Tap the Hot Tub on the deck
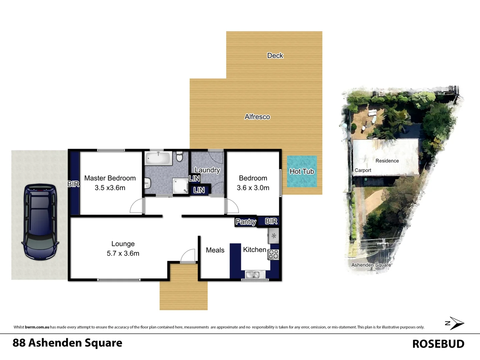coord(302,172)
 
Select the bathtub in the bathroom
coord(159,158)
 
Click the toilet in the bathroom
coord(180,156)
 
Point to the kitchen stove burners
coord(273,254)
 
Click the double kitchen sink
coord(252,275)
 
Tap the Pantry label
coord(246,222)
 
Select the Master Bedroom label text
coord(110,178)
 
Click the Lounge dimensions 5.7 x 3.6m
coord(123,253)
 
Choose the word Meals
coord(215,250)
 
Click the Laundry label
coord(207,170)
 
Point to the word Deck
coord(275,56)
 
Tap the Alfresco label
coord(257,117)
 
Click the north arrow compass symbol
coord(455,323)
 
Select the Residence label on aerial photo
coord(387,161)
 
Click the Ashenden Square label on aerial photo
coord(371,265)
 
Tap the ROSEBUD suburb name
coord(438,344)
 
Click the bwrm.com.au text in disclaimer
coord(37,327)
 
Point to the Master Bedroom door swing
coord(137,207)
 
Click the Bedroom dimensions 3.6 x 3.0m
coord(253,188)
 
